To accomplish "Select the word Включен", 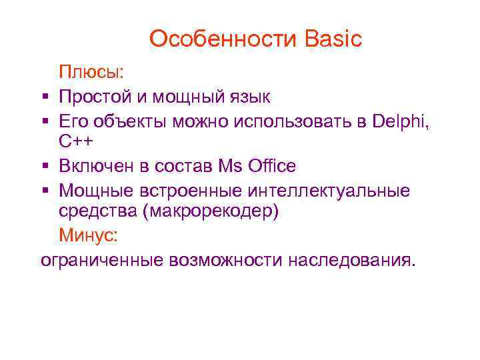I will (99, 165).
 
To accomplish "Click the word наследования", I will (351, 258).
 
